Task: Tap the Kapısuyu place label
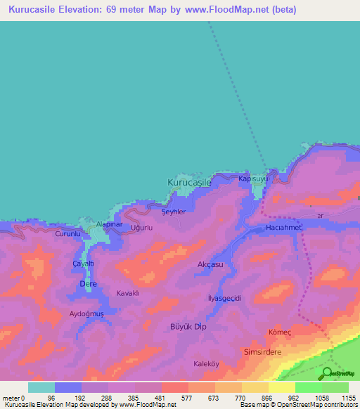pos(254,179)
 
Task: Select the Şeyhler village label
pos(174,212)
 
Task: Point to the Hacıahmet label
pos(283,228)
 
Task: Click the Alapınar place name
pos(109,224)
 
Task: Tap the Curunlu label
pos(69,233)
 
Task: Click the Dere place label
pos(88,283)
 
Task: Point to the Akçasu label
pos(210,265)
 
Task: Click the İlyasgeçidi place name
pos(225,298)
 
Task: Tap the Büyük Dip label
pos(188,327)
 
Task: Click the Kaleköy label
pos(208,364)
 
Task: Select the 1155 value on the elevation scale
pos(348,398)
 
